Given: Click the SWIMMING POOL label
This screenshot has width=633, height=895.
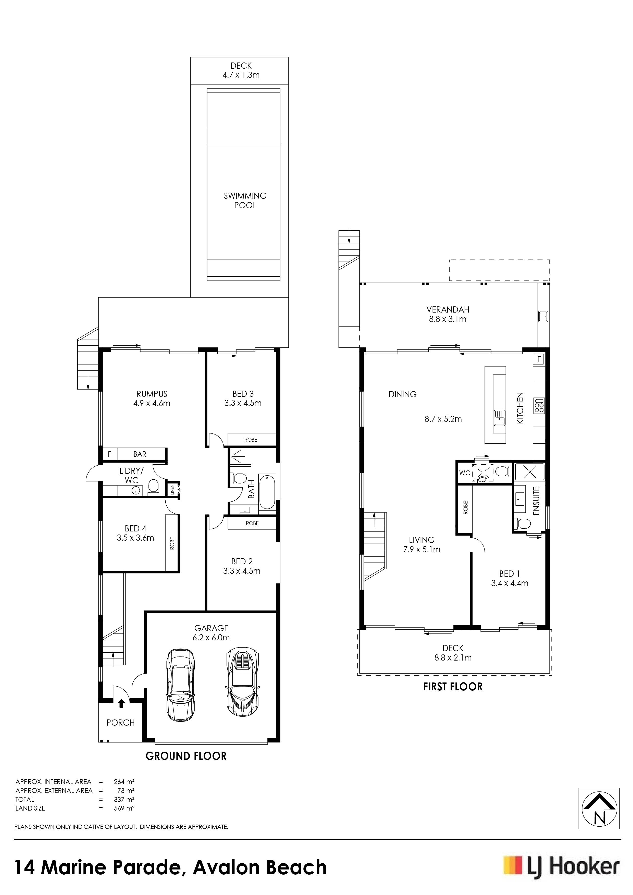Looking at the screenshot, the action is click(x=245, y=200).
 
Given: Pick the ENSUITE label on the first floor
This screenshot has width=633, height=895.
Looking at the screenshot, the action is click(x=536, y=501).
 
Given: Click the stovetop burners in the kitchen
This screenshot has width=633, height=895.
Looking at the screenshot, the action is click(x=539, y=405).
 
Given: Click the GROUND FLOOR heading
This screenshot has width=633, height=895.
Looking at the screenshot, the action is click(x=186, y=756).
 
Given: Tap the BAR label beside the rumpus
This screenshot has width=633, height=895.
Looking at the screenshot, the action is click(x=140, y=454).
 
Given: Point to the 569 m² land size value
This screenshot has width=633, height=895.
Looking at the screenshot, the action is click(x=124, y=808).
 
